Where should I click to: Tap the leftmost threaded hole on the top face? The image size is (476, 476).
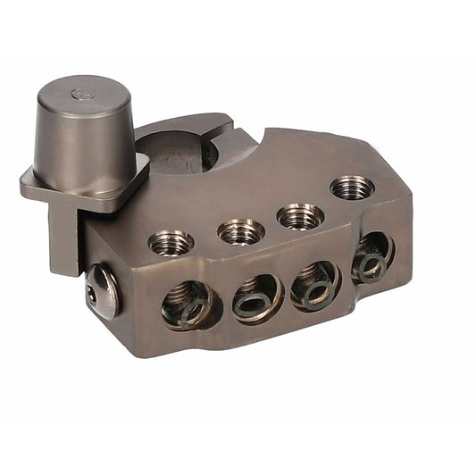(170, 241)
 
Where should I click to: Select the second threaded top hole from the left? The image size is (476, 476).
(240, 231)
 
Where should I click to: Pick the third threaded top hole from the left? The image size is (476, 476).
(299, 215)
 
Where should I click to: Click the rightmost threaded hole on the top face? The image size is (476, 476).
(351, 188)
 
